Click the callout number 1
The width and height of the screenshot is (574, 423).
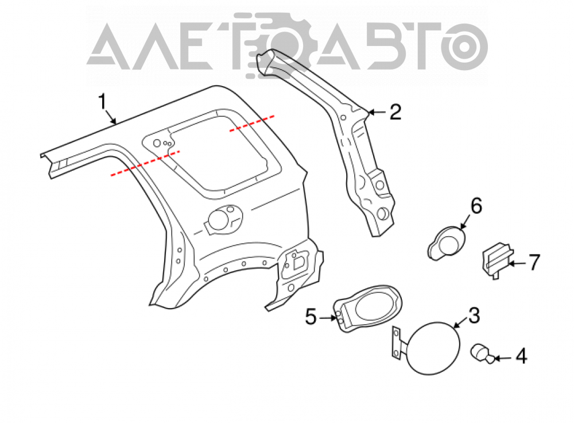(x=103, y=102)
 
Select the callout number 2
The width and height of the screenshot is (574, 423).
(x=395, y=112)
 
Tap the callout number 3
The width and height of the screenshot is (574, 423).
(x=474, y=316)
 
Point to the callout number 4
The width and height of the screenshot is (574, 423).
(x=521, y=356)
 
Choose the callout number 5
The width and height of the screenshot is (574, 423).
(x=311, y=317)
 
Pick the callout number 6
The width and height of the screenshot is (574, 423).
(x=476, y=206)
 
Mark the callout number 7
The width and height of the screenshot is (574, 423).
(x=534, y=263)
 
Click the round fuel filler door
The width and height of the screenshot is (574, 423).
(x=433, y=348)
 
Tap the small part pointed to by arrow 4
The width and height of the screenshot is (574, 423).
(x=483, y=353)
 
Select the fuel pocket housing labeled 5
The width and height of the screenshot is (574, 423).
(x=368, y=308)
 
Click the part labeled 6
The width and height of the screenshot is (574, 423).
(x=447, y=243)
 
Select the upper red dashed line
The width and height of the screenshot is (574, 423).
(x=252, y=123)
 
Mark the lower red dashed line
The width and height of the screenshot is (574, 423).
(x=145, y=163)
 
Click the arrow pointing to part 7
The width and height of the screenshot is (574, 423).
(x=518, y=263)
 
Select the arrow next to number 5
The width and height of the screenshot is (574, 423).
(x=328, y=318)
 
